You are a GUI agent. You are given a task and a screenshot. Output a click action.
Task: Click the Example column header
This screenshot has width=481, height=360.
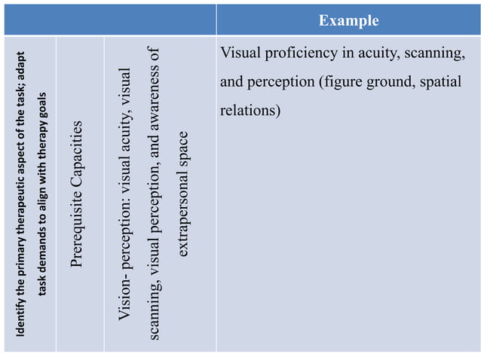point(348,20)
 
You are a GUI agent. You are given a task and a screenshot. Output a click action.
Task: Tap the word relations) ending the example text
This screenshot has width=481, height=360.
point(250,110)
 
